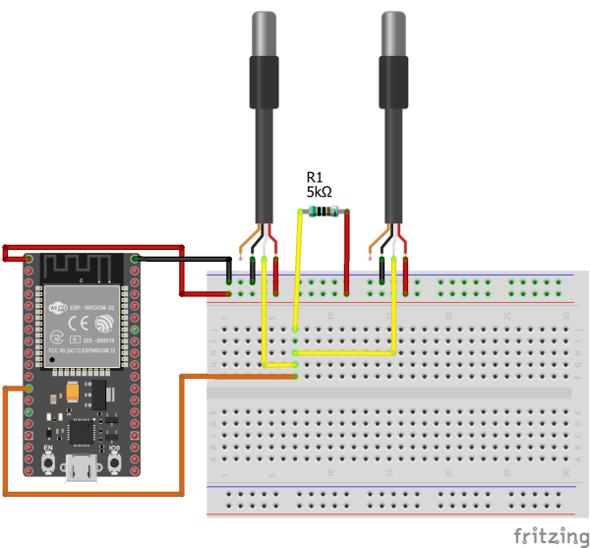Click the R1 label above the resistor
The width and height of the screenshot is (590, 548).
pos(316,177)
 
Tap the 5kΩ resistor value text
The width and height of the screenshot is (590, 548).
pos(321,193)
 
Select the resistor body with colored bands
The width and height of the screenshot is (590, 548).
pos(322,212)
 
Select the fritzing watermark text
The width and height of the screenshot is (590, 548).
pos(550,534)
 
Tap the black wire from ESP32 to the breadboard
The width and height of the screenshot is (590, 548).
pos(187,259)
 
